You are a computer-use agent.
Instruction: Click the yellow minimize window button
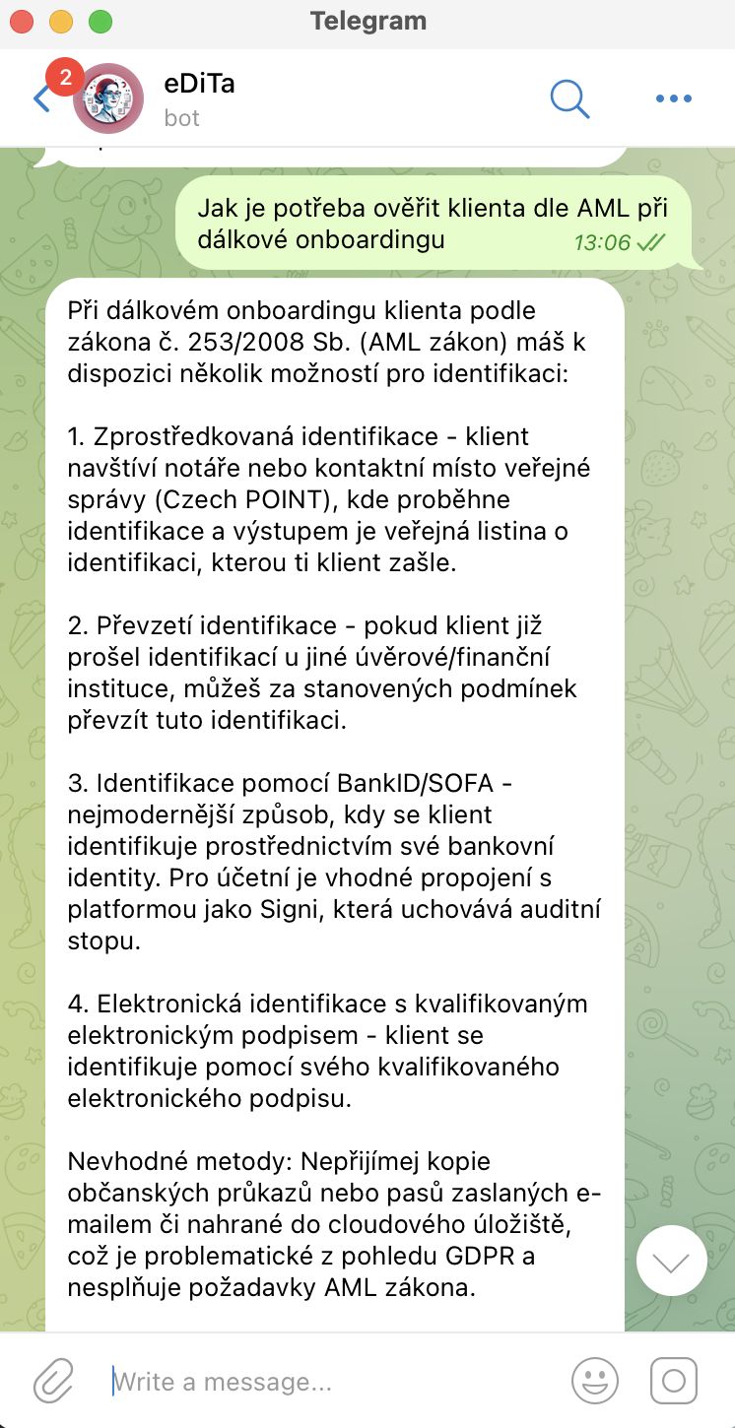tap(61, 21)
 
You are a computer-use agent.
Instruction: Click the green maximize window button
tap(100, 21)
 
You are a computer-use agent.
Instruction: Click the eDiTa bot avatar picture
tap(108, 98)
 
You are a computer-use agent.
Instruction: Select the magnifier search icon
tap(569, 97)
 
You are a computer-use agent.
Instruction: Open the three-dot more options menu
tap(674, 98)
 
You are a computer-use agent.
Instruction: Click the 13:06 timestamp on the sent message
tap(602, 241)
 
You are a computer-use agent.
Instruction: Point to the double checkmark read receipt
tap(651, 241)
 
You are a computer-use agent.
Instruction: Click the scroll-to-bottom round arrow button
tap(672, 1261)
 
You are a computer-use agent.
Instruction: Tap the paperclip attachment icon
tap(54, 1382)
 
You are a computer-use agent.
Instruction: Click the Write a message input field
tap(325, 1382)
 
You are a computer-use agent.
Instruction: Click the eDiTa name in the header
tap(199, 84)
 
